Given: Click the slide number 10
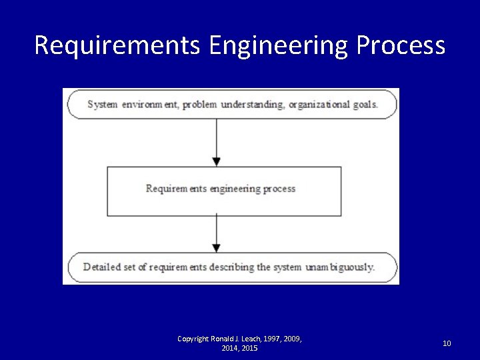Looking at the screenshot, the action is click(447, 343).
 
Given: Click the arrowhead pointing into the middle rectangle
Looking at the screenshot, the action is click(216, 161).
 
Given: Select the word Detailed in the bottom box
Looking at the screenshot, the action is click(102, 267).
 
